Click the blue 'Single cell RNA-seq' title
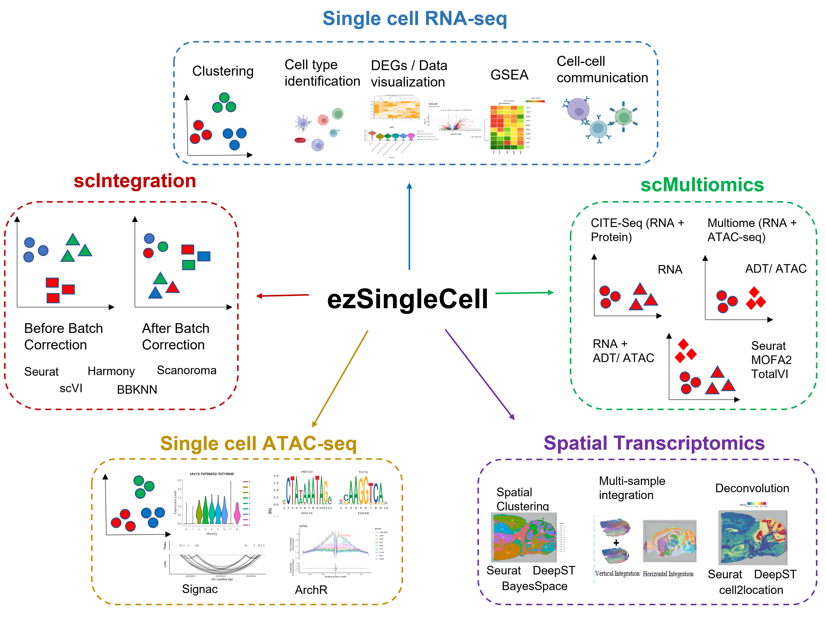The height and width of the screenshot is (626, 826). (x=414, y=19)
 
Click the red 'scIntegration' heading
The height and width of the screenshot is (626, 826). (x=135, y=181)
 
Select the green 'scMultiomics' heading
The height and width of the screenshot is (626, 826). (x=702, y=185)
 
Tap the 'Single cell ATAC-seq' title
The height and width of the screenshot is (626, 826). (x=258, y=443)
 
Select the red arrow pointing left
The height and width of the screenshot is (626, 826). (x=283, y=296)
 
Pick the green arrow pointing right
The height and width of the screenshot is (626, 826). (x=524, y=293)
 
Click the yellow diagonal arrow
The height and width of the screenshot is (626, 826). (x=340, y=379)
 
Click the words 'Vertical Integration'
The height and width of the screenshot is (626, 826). (x=617, y=574)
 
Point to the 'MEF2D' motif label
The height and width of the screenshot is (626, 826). (x=307, y=472)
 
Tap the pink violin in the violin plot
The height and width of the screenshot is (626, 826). (x=237, y=513)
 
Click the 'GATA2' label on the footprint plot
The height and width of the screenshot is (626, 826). (x=303, y=526)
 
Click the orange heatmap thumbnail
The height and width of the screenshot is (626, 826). (x=395, y=107)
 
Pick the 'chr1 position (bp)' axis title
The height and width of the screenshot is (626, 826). (x=222, y=579)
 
